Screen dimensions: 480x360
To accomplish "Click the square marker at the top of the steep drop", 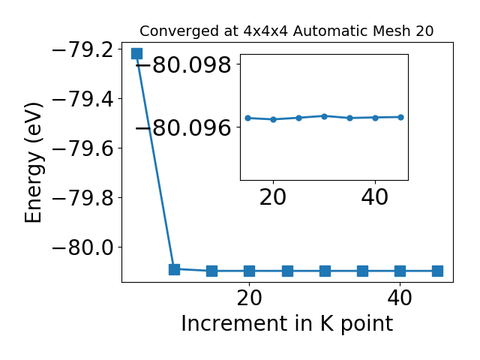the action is pos(136,53).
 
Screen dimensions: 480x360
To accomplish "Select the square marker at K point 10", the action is pos(174,269).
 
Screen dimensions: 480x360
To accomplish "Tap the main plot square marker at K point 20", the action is pos(250,271).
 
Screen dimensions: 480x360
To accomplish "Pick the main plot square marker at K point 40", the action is pos(400,271).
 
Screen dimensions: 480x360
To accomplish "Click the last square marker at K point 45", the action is pos(438,271).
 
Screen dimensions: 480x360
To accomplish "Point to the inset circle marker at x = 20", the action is pos(273,119).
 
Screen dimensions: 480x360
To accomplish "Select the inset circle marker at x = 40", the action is pos(375,118).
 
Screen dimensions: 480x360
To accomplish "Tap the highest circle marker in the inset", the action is pos(325,116).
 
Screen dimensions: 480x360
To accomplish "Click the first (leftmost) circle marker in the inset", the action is pos(248,118).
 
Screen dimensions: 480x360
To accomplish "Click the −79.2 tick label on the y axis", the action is pos(83,49).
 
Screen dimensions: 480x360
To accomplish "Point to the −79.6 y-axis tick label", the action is pos(83,148).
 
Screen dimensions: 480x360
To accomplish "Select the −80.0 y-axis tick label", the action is pos(83,247).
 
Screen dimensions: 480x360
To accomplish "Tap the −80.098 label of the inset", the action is pos(183,64).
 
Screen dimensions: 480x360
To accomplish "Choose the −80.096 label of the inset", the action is pos(183,127).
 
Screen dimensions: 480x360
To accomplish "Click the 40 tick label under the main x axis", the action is pos(400,298).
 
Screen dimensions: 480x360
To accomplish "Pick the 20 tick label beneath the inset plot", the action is pos(273,197).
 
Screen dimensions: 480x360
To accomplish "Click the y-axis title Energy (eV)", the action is pos(33,163).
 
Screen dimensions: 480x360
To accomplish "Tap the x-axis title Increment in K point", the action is pos(287,323).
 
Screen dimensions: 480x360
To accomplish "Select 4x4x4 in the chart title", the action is pos(265,31).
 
